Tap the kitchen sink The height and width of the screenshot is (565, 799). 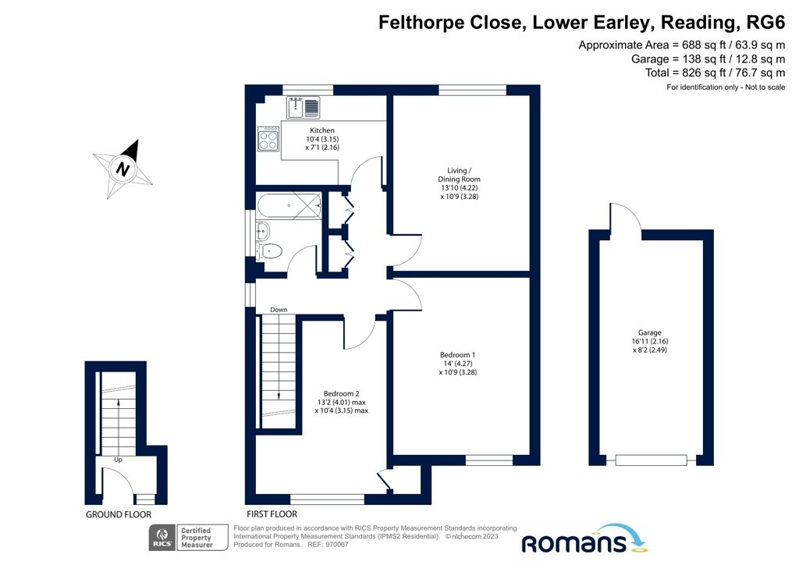click(x=304, y=107)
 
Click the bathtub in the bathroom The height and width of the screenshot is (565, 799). click(x=289, y=205)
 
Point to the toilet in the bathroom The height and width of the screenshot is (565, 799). click(x=269, y=251)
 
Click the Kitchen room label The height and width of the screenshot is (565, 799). click(x=322, y=130)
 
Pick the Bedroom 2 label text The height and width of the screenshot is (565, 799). click(x=341, y=393)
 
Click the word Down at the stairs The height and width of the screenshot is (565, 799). click(x=279, y=310)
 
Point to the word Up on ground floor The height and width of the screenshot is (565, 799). click(x=119, y=460)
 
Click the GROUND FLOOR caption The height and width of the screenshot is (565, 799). click(x=115, y=514)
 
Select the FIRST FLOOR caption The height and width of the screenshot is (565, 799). click(x=271, y=514)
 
